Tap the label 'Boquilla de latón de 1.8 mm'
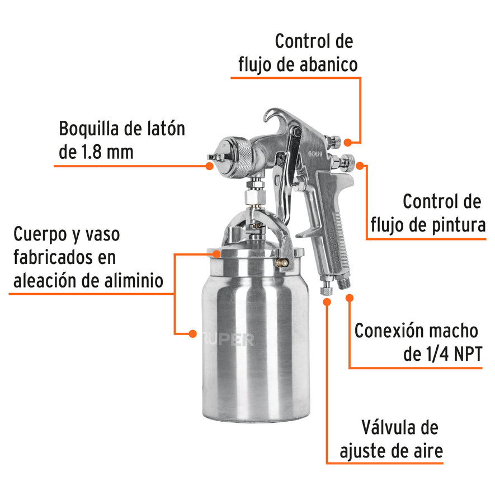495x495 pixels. coord(121,140)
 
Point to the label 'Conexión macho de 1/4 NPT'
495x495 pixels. coord(417,342)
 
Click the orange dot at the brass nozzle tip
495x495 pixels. coord(209,166)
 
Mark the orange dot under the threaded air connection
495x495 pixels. coord(350,298)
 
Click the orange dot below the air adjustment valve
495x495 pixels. coord(327,301)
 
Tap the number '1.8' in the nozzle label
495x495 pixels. coord(92,152)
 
